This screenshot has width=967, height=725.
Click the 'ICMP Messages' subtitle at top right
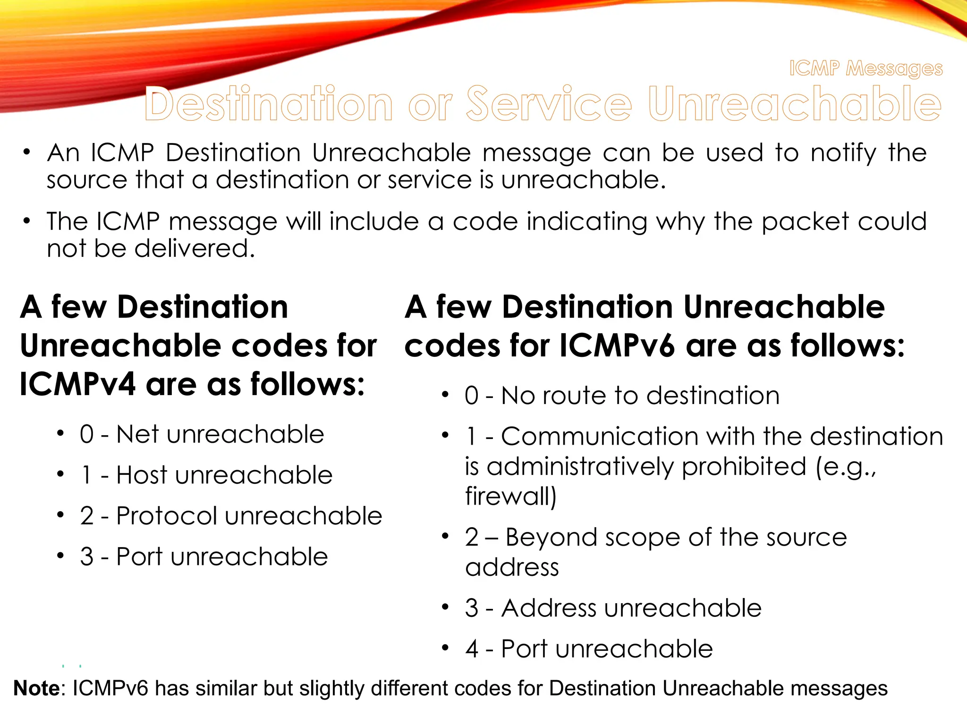click(866, 69)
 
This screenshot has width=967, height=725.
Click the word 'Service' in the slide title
click(549, 104)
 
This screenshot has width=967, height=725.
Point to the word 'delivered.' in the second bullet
click(195, 249)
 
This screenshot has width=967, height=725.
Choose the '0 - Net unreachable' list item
click(202, 434)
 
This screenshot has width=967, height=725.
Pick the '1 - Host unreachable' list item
click(206, 475)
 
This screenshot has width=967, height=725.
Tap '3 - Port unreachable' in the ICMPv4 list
click(204, 556)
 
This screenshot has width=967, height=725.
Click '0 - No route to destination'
click(622, 396)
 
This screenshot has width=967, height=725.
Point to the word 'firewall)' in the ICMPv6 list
click(510, 496)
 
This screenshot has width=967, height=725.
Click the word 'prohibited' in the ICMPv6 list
click(744, 467)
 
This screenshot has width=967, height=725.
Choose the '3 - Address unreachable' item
click(613, 608)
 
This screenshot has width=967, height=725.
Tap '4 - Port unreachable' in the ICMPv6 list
click(589, 649)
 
